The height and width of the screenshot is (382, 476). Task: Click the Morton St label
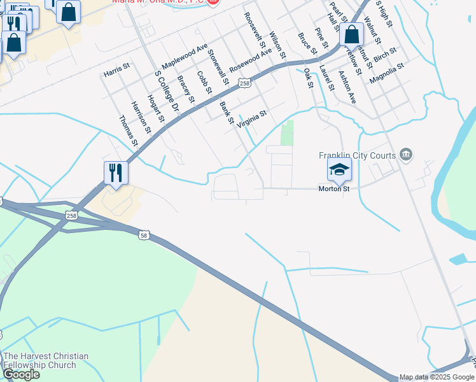tap(334, 189)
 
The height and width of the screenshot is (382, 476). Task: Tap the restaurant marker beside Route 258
tap(116, 173)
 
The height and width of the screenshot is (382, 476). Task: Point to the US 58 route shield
tap(144, 235)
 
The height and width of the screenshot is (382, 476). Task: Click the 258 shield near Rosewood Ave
tap(244, 83)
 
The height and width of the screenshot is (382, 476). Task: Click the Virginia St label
tap(251, 119)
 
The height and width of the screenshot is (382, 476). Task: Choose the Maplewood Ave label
tap(185, 57)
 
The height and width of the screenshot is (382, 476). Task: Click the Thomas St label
tap(129, 130)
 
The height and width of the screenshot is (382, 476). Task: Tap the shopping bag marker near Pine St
tap(351, 36)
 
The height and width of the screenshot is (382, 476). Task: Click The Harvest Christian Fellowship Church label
tap(46, 360)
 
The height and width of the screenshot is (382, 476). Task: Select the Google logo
tap(21, 374)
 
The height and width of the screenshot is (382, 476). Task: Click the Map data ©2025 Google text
tap(437, 377)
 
